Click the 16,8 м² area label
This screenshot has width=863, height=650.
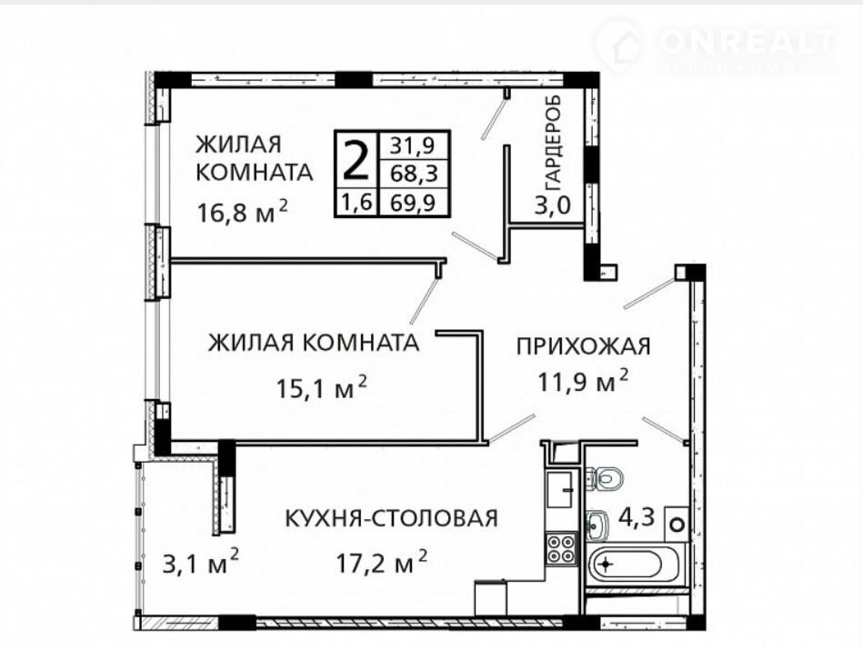(242, 211)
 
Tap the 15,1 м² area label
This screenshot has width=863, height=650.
(321, 387)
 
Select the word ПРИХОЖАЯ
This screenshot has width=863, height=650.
(584, 346)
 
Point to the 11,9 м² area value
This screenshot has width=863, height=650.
(583, 381)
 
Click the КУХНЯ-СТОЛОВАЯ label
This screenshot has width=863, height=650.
(391, 518)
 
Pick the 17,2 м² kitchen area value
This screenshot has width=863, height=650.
(382, 562)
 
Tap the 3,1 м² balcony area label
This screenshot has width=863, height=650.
(201, 562)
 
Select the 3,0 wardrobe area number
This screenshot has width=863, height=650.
(553, 205)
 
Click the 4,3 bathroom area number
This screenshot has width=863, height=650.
(637, 517)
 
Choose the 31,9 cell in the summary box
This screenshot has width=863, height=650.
(413, 145)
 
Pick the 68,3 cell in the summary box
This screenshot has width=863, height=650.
(414, 174)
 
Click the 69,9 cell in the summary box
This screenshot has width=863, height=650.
(413, 203)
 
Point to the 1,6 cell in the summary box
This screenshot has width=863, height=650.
(357, 203)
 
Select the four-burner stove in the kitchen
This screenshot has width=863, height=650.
(561, 549)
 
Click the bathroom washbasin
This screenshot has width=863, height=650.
(597, 525)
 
